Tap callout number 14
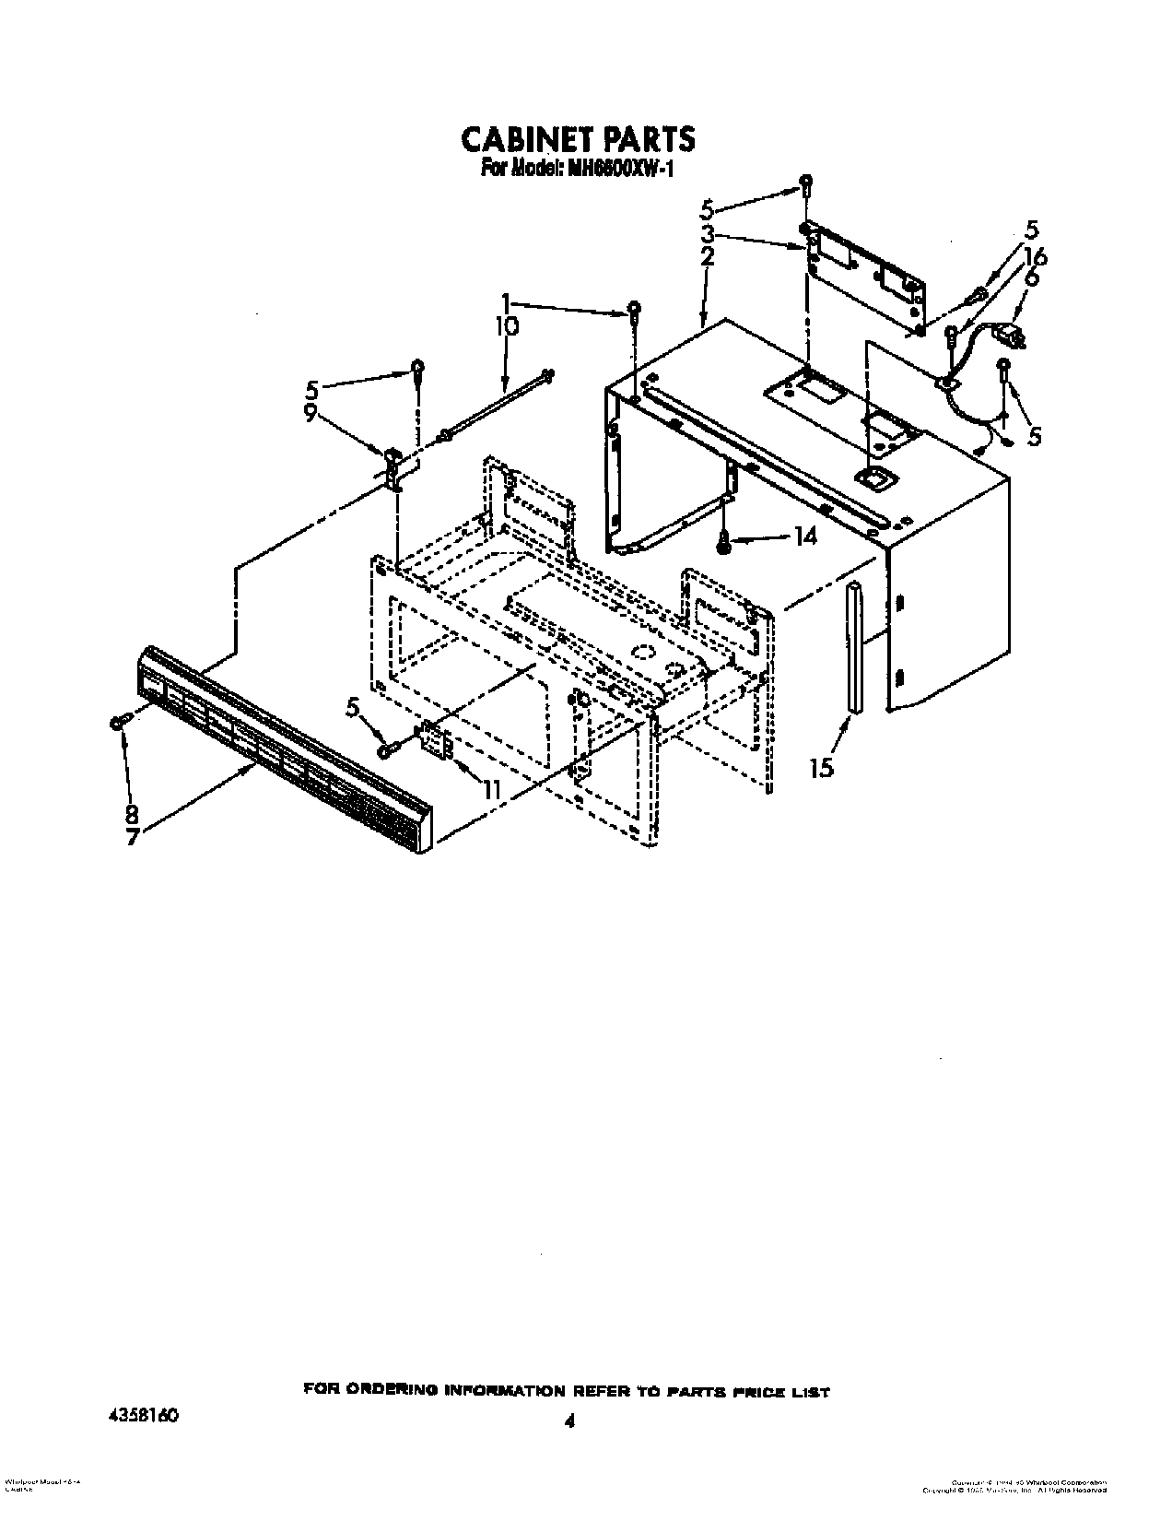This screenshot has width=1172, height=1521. tap(804, 536)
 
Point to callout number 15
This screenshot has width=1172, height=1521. tap(821, 767)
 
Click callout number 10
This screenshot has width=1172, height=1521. tap(508, 325)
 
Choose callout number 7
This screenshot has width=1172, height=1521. tap(133, 839)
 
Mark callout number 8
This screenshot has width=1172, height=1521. tap(133, 814)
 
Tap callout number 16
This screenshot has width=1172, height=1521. tap(1035, 257)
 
